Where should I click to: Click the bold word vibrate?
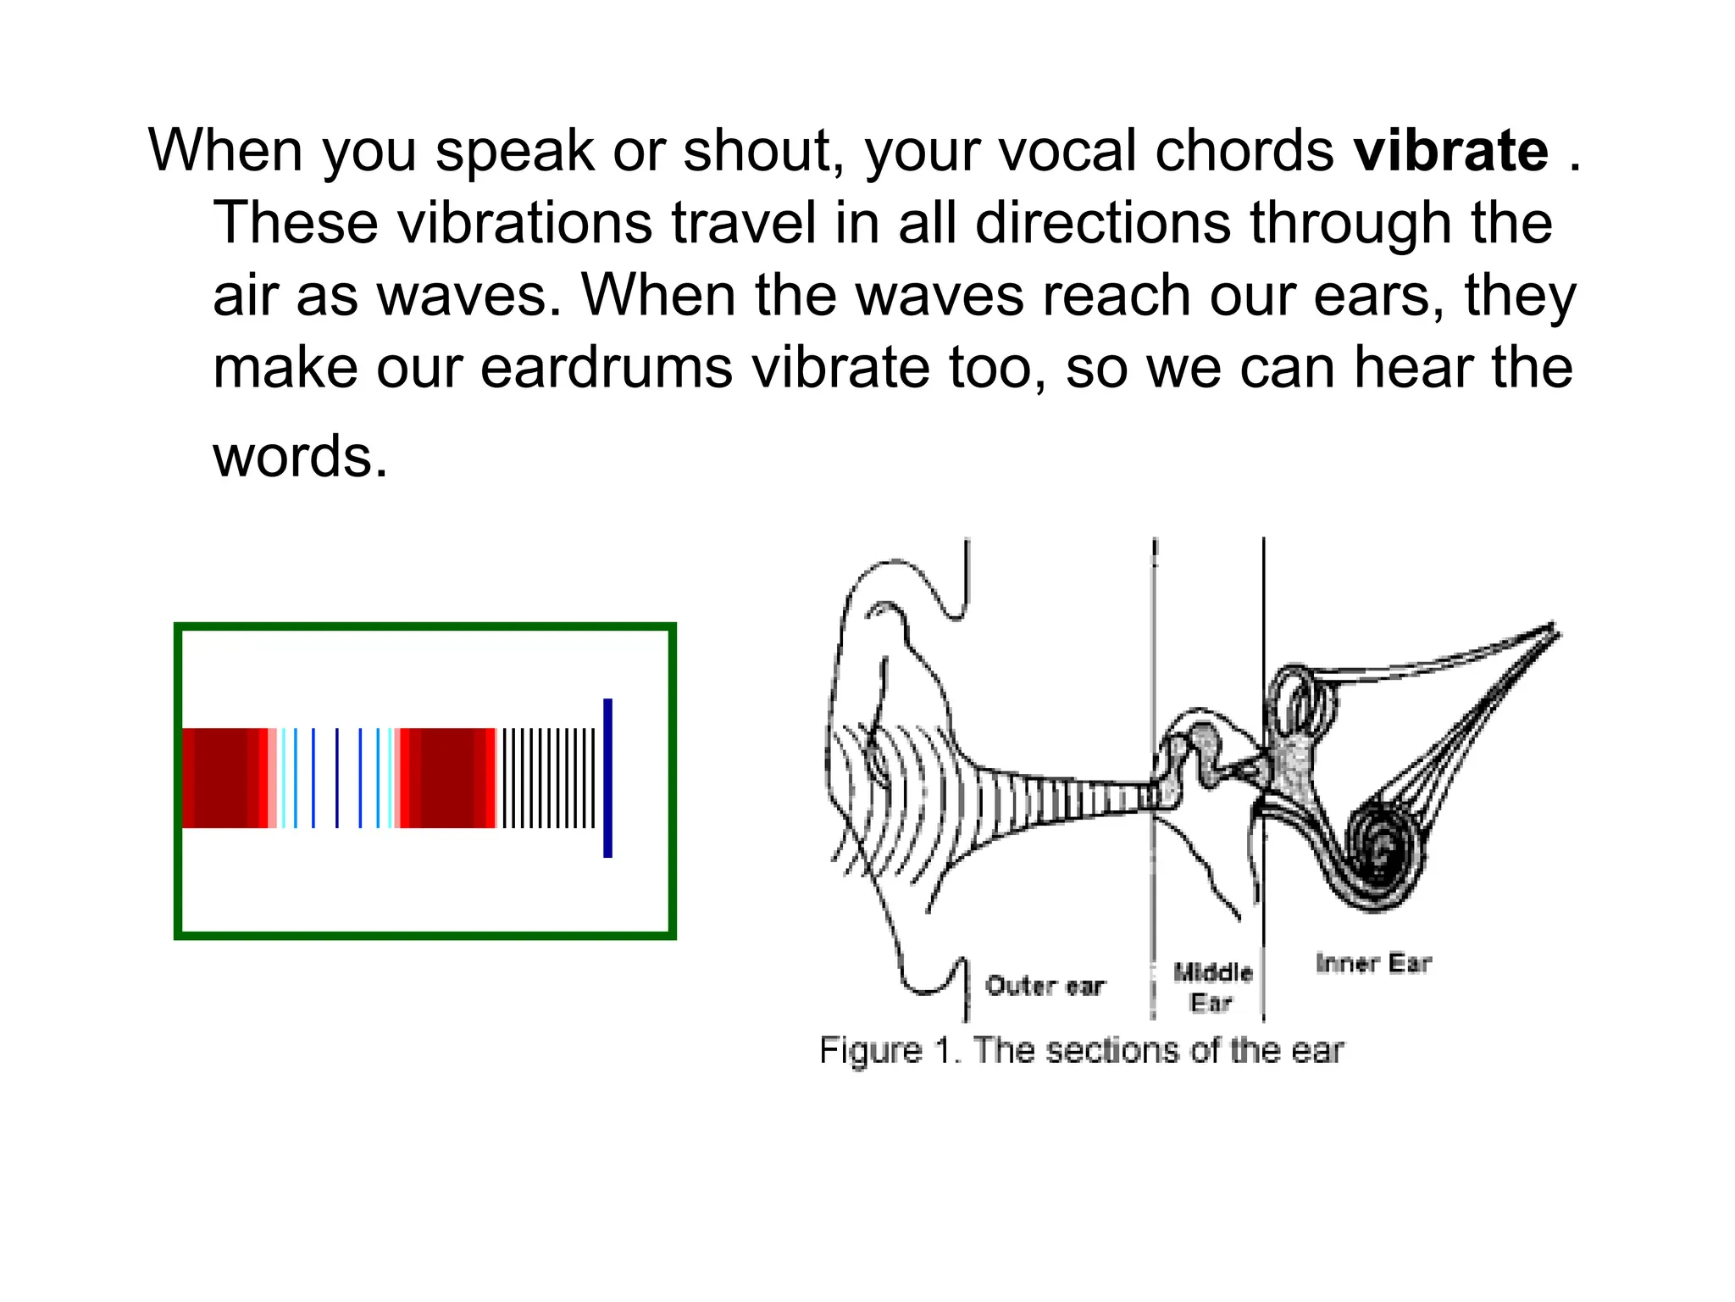click(1450, 151)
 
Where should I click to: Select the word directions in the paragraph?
click(1102, 223)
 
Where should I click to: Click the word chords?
click(1244, 151)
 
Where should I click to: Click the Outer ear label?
click(1045, 986)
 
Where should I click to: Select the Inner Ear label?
click(1373, 963)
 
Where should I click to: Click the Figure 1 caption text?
click(1081, 1050)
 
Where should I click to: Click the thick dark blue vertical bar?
click(607, 777)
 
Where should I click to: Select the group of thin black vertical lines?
click(549, 777)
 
